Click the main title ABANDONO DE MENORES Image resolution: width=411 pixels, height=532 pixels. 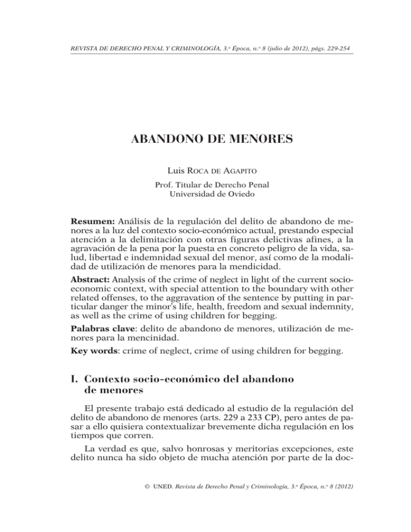click(x=205, y=142)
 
